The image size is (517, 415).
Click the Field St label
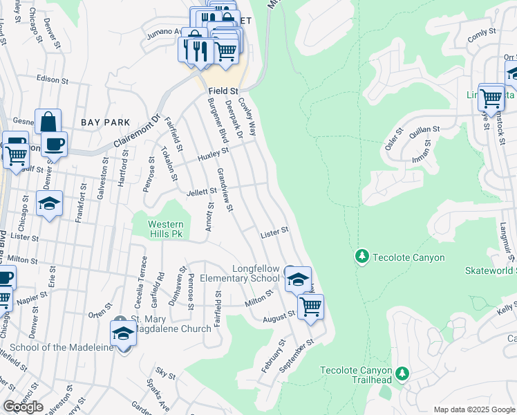pos(224,91)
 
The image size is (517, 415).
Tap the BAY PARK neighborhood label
pos(105,122)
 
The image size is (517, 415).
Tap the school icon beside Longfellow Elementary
pos(297,279)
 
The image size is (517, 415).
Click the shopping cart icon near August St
pos(310,304)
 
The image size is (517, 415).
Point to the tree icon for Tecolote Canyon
pos(361,257)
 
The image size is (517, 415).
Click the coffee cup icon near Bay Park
pos(53,144)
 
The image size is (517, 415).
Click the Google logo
pos(23,407)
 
